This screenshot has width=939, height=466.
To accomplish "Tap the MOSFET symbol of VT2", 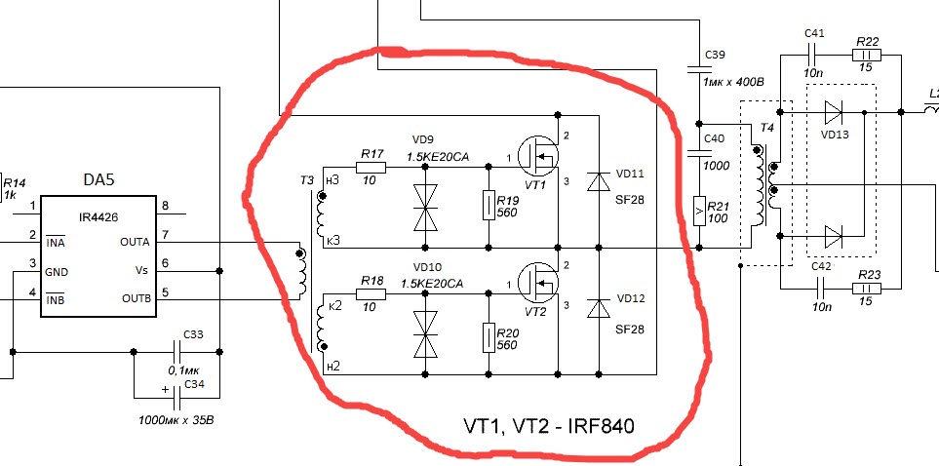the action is coord(538,282).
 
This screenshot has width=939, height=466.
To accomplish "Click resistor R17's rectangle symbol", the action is coord(371,168).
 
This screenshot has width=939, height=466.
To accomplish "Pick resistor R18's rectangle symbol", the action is coord(371,294).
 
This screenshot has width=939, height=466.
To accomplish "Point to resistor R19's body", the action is coord(489,206).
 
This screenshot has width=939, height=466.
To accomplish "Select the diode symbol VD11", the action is coord(599,181).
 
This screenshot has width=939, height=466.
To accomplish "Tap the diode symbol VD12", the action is coord(599,308).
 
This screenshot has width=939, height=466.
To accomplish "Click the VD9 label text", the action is coord(423,140).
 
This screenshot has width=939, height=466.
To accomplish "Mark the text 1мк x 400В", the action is coord(734,82).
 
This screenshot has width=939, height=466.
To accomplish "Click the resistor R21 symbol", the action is coord(699,211).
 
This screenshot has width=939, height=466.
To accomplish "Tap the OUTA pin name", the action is coord(135,242).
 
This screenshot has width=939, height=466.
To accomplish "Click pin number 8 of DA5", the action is coord(166,206).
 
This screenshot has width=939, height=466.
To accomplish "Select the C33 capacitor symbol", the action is coord(177,352).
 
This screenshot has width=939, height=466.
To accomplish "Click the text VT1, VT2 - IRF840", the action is coord(549,426).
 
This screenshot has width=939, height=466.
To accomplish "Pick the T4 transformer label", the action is coord(766,128).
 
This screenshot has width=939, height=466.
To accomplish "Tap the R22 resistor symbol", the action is coord(867,56).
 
